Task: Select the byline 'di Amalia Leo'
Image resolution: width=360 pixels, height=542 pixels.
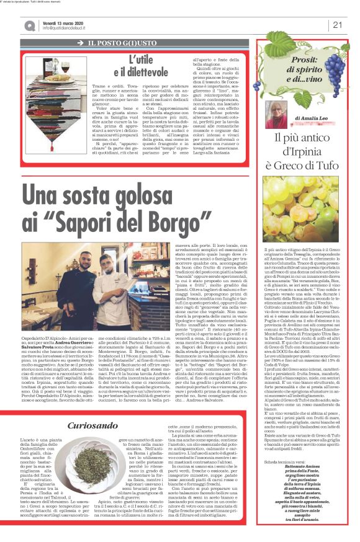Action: tap(313, 117)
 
